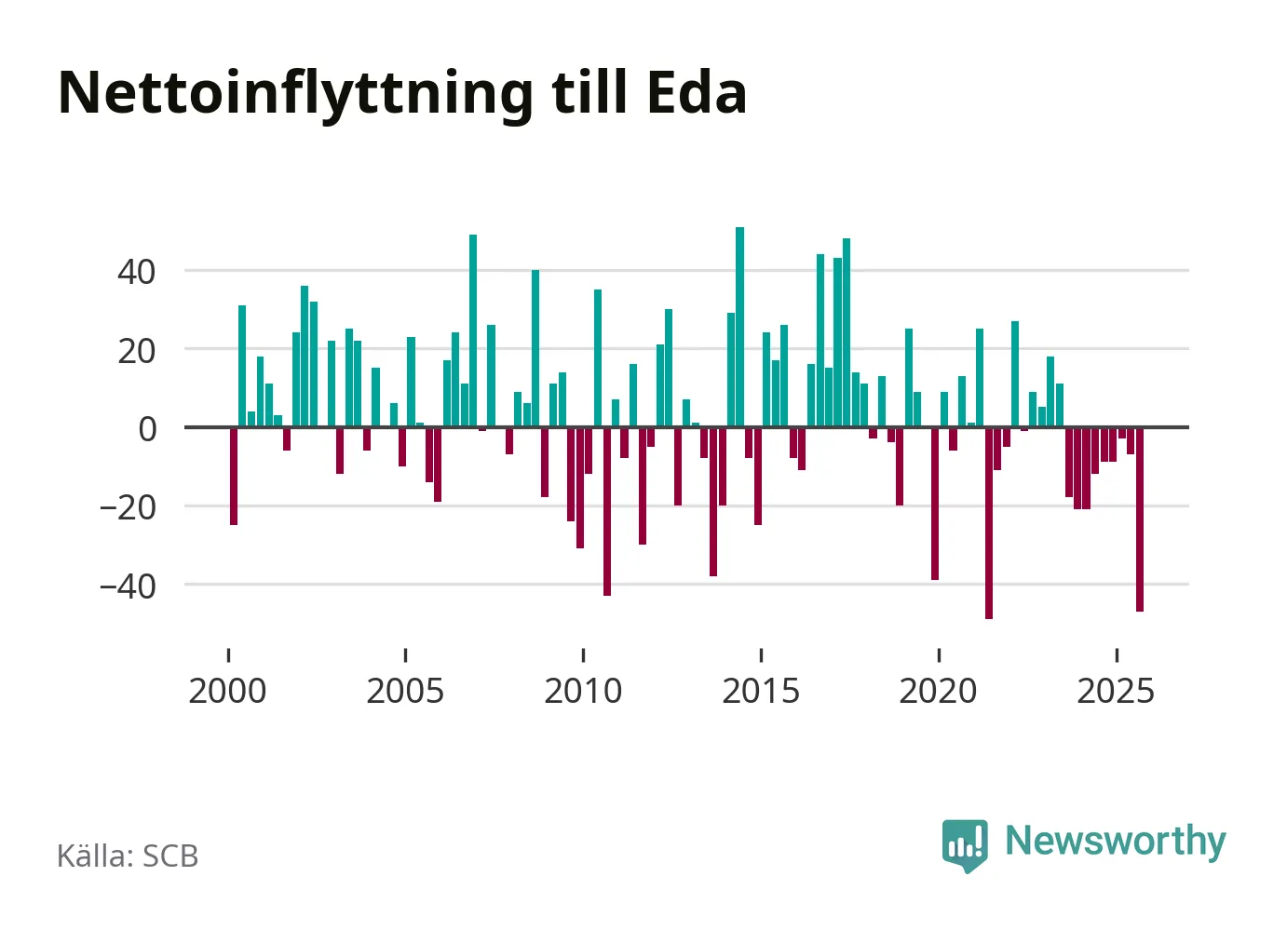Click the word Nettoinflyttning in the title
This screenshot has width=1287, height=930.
coord(295,93)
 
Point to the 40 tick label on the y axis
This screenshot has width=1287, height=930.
coord(137,272)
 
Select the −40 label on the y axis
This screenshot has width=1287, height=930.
coord(128,586)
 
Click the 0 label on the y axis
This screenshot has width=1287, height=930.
coord(147,429)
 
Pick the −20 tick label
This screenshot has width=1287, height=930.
coord(128,508)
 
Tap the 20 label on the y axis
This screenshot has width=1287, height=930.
coord(137,351)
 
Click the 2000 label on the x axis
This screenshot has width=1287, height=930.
coord(227,692)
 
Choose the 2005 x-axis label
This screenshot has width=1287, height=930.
coord(405,692)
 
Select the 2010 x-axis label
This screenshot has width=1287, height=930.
coord(583,692)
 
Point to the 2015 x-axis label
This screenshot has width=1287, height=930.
coord(761,692)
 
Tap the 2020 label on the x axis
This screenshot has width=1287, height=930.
coord(938,692)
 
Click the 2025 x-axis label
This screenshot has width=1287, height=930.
coord(1116,692)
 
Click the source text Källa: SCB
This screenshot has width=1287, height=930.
coord(128,856)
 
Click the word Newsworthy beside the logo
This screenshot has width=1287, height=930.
coord(1116,841)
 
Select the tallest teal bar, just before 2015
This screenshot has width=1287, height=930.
coord(740,326)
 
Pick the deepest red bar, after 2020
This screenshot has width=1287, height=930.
coord(989,522)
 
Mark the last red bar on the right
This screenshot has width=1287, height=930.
coord(1140,519)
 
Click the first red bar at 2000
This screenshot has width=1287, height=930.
coord(234,476)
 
